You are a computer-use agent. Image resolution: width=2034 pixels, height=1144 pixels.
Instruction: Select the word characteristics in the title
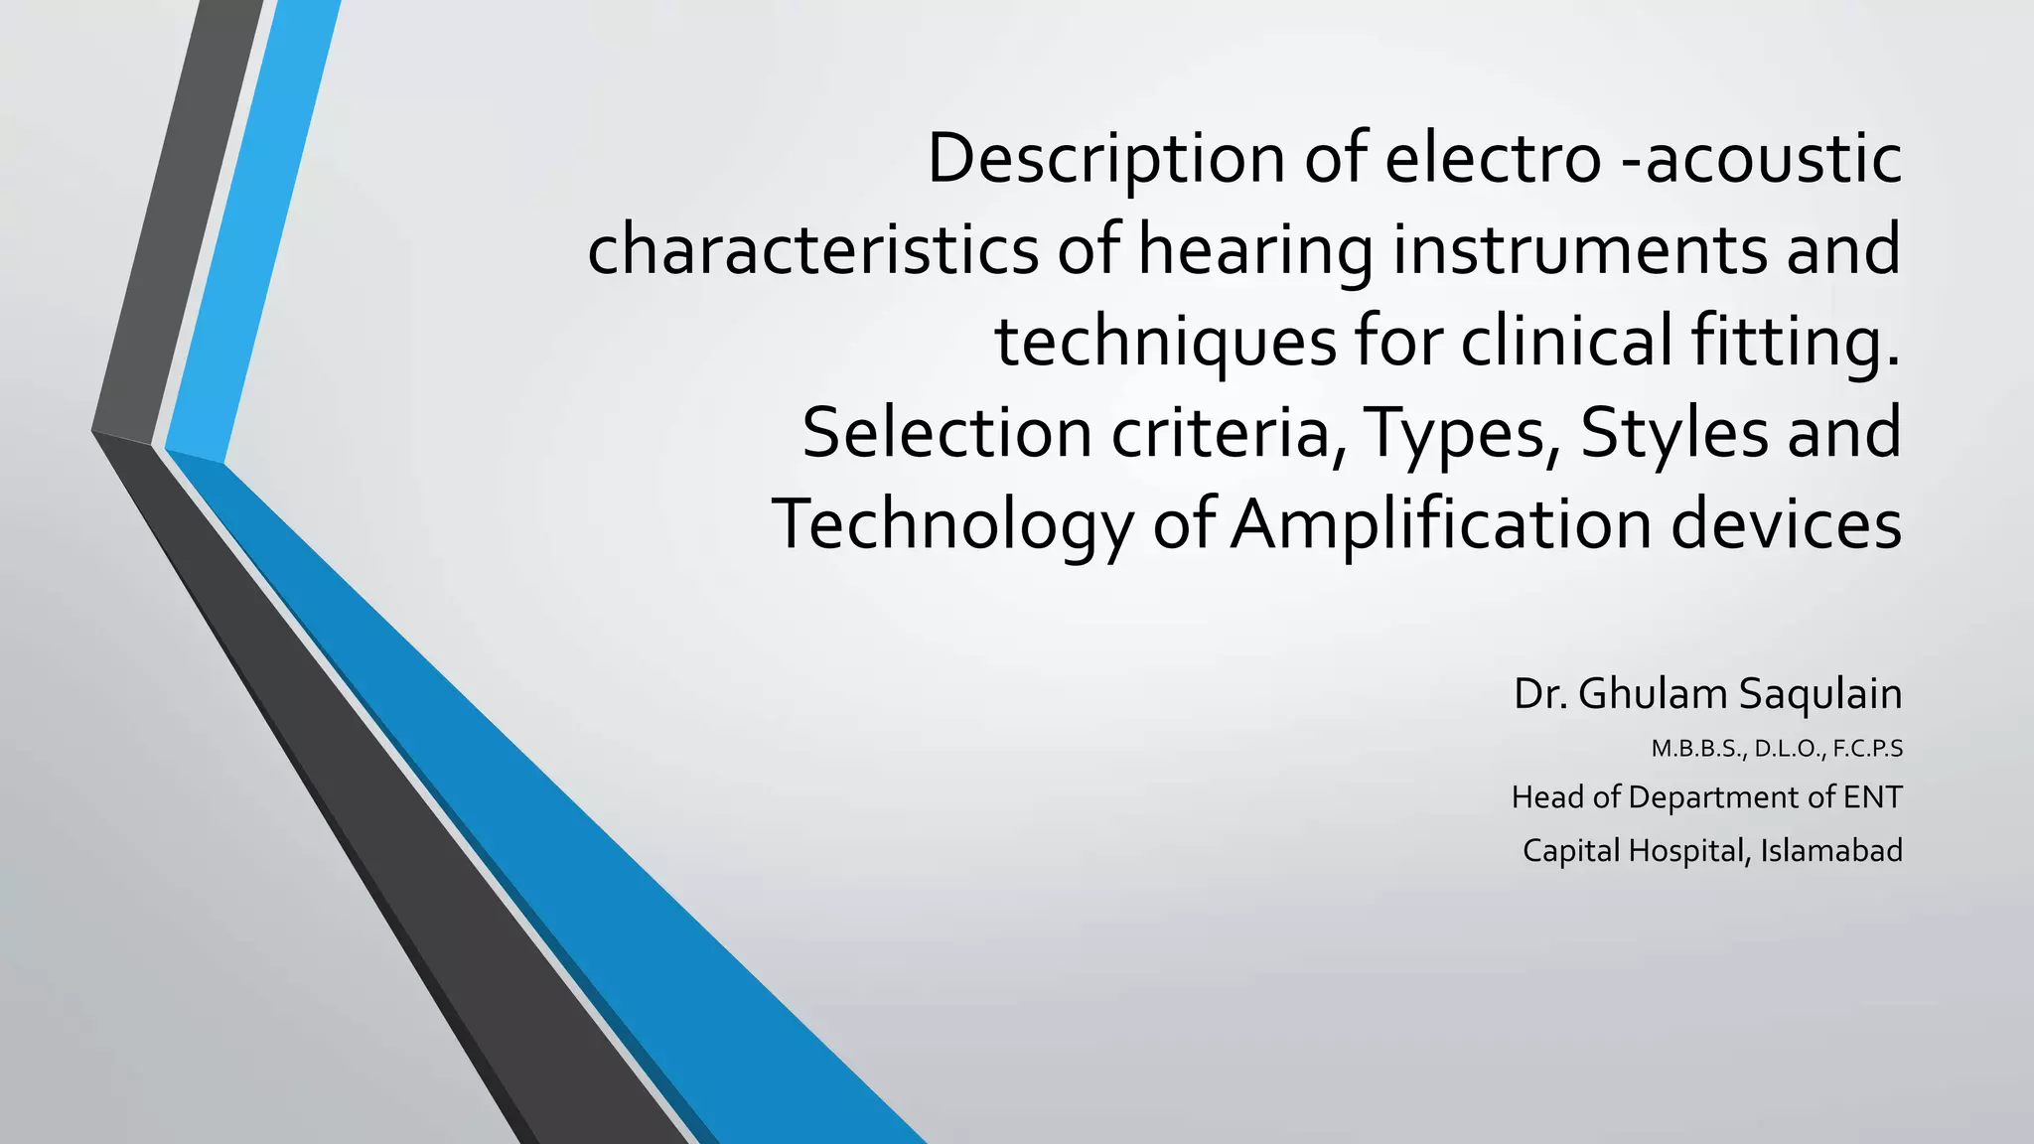[812, 250]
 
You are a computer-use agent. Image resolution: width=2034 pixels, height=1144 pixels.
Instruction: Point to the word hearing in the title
[1255, 250]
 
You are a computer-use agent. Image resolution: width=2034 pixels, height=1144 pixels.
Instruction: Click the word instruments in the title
[1579, 250]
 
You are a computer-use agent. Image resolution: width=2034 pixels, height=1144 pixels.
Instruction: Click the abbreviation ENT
[1872, 797]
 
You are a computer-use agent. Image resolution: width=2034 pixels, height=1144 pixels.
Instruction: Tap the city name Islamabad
[1831, 851]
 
